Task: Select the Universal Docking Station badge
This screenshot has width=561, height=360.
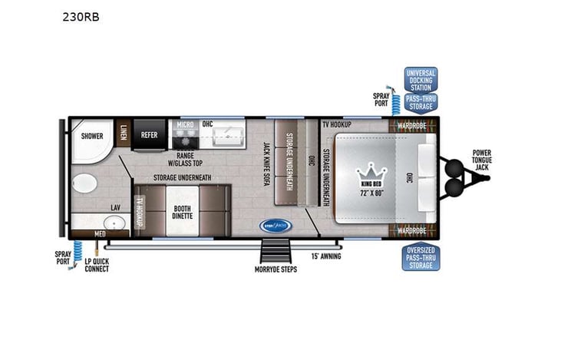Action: pos(420,80)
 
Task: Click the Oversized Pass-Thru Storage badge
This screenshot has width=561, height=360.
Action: pos(421,257)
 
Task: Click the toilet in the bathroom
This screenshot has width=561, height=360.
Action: pos(82,186)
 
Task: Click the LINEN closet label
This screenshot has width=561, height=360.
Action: pos(124,133)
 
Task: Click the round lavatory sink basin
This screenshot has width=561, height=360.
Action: pos(115,224)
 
